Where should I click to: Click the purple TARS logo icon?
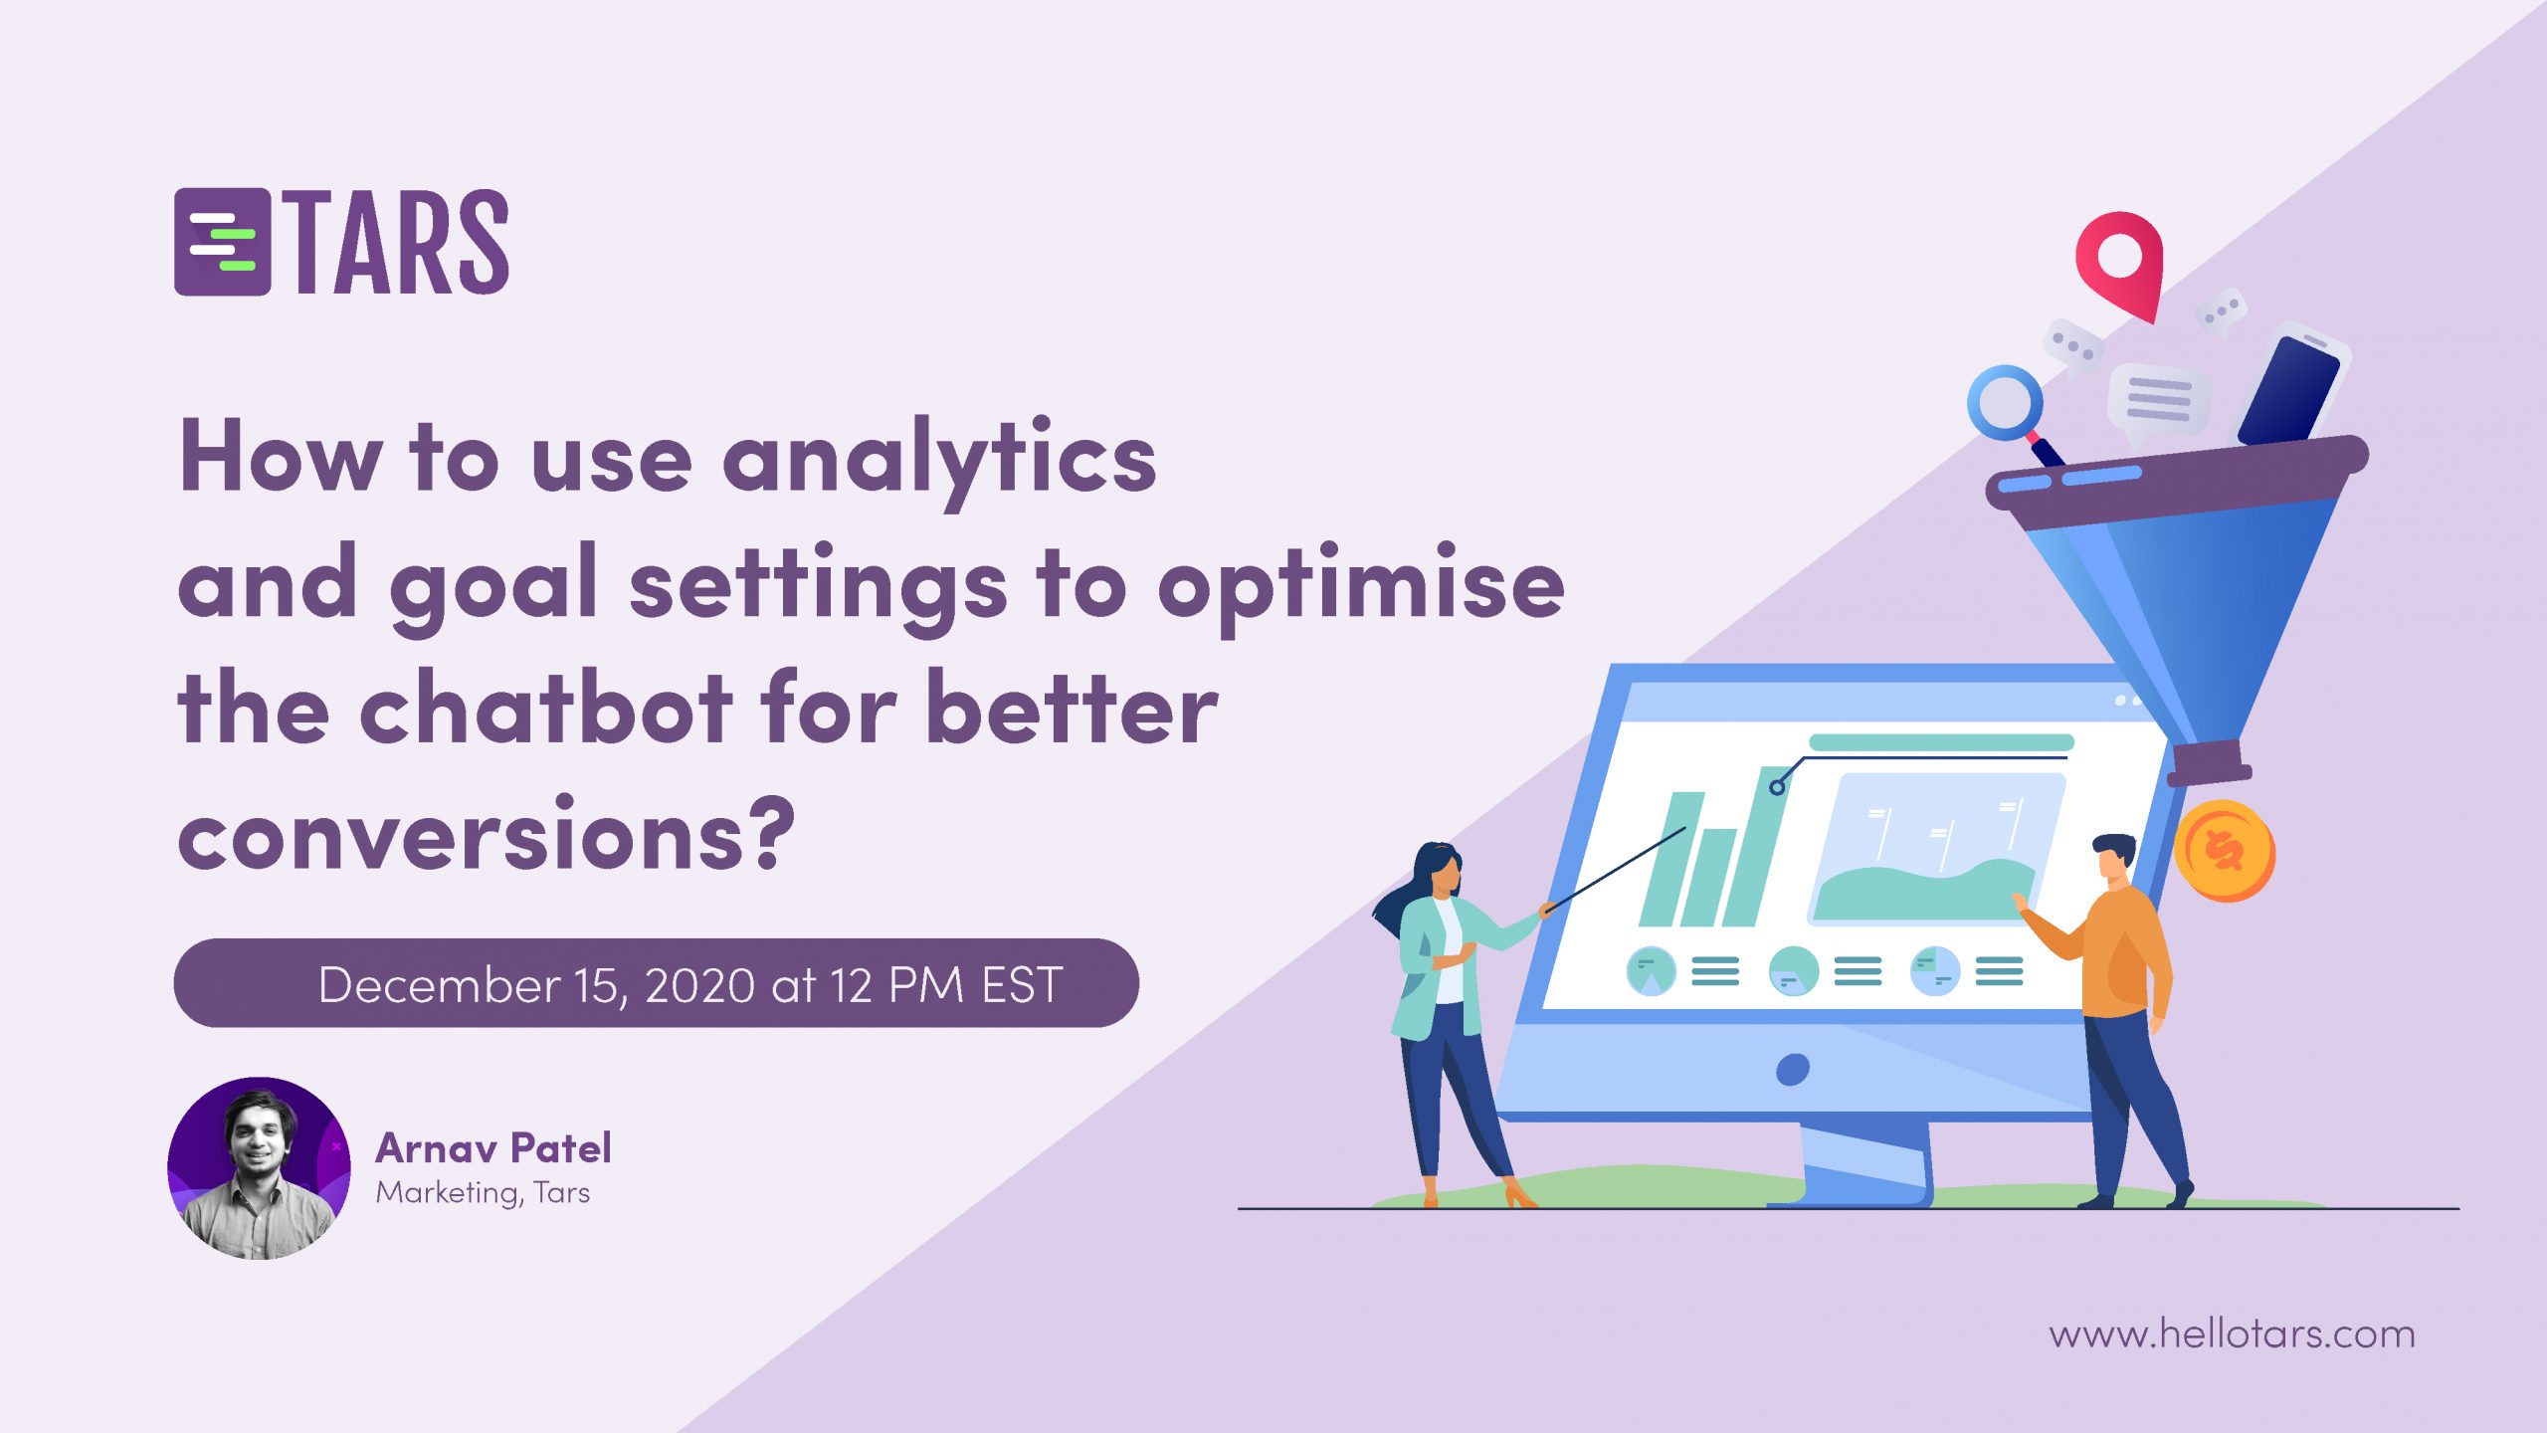[223, 242]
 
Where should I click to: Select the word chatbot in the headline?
[546, 708]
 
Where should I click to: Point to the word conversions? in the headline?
[487, 833]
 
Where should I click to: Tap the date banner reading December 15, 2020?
[657, 983]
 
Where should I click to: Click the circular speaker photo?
[259, 1168]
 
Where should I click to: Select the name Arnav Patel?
[493, 1148]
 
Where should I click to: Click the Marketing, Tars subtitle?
[483, 1192]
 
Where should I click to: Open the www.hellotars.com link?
[2232, 1333]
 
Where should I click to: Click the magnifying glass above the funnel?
[2014, 412]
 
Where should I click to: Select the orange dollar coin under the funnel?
[2225, 851]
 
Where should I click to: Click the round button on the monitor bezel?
[1793, 1070]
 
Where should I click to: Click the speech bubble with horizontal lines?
[2157, 402]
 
